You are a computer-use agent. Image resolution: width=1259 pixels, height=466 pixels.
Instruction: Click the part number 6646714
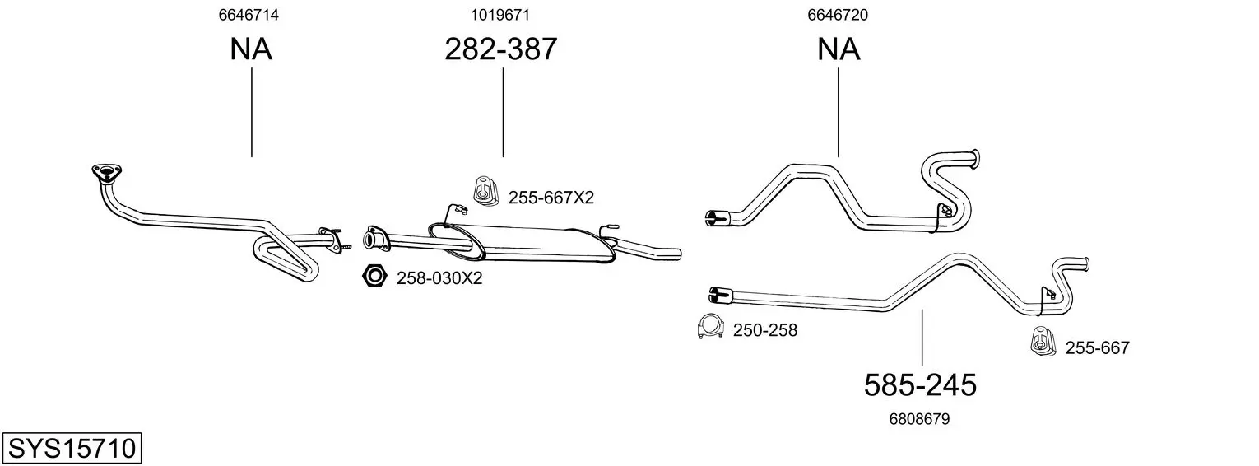point(249,15)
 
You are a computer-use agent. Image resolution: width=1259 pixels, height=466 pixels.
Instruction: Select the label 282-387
point(501,49)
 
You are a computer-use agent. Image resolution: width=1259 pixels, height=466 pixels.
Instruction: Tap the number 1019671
point(500,15)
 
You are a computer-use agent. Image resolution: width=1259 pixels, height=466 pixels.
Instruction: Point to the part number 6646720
point(838,15)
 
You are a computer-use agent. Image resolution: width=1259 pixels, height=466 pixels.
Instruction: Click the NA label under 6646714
point(251,49)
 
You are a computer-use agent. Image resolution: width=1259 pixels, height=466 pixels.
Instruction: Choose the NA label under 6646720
point(839,49)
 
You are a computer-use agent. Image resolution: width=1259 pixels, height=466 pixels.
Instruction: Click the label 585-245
point(920,385)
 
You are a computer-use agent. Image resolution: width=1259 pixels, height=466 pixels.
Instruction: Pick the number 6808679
point(919,419)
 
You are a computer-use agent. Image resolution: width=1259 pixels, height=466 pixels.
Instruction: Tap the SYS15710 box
point(72,449)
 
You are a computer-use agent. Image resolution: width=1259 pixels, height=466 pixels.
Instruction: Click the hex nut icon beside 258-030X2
point(374,276)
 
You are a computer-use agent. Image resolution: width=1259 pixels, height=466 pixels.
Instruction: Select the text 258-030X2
point(439,278)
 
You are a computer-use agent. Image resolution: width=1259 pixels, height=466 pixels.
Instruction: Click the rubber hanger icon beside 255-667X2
point(485,190)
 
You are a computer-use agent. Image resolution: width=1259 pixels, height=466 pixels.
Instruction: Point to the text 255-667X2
point(551,198)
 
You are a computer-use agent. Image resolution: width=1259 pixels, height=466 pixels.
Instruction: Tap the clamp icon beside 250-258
point(710,326)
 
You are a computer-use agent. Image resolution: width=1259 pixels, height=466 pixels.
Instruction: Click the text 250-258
point(765,330)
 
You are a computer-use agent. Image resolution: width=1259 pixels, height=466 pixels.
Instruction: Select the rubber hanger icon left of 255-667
point(1043,341)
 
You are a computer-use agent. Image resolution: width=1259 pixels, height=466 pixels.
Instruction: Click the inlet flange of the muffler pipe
point(374,238)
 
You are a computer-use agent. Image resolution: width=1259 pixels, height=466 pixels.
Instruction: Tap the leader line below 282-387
point(503,112)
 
